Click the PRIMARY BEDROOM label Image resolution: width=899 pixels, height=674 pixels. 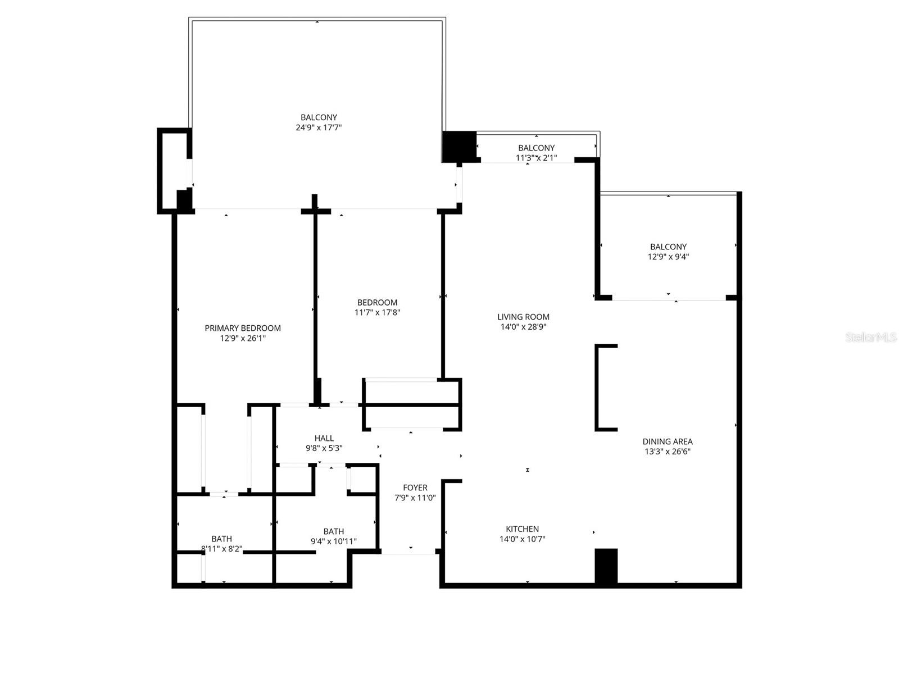pos(243,328)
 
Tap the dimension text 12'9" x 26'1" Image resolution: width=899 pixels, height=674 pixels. pos(243,338)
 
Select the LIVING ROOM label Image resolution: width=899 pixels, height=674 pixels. pos(523,317)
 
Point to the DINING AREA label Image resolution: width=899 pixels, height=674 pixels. pos(668,441)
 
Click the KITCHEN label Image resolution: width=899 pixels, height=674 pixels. pos(522,529)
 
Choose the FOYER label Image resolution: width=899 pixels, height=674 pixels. pos(415,488)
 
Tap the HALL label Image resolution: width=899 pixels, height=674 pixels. pos(324,438)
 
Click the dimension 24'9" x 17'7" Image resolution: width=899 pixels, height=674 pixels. pos(319,127)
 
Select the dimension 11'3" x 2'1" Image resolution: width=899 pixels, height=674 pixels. pos(536,158)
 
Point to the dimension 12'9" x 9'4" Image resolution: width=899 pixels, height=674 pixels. pos(668,257)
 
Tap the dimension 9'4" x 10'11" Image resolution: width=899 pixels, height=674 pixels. pos(334,541)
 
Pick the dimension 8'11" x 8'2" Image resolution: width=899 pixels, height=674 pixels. pos(221,549)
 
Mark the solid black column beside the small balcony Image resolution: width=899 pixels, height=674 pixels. pos(459,146)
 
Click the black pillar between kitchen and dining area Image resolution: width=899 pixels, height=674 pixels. pos(606,566)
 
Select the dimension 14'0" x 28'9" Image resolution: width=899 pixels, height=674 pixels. pos(523,327)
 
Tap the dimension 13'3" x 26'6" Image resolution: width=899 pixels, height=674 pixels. pos(668,452)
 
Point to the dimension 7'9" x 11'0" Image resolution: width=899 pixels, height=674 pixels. pos(415,498)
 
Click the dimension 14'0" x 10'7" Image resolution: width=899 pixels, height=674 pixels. pos(522,539)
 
